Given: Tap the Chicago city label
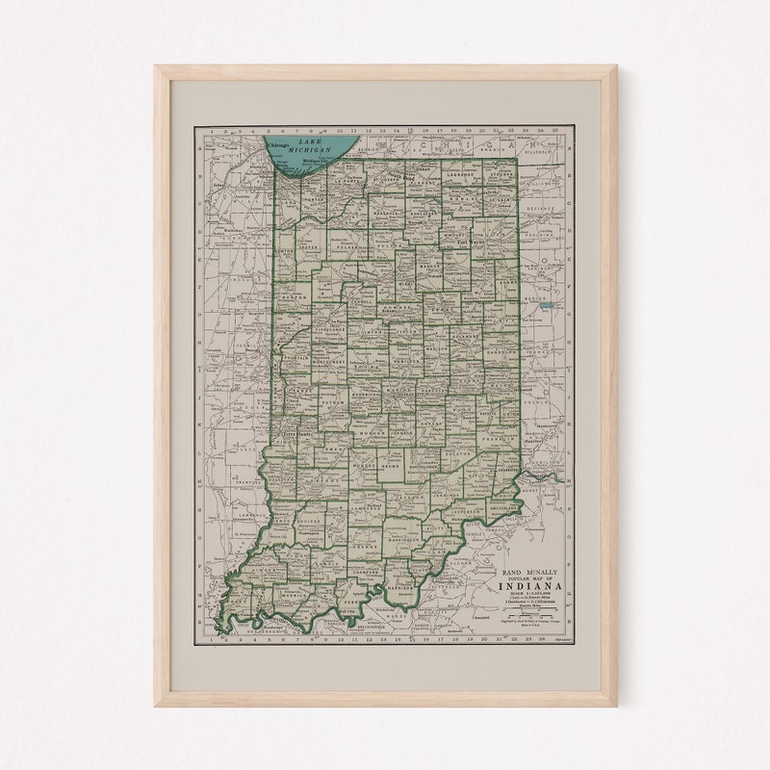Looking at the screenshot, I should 278,145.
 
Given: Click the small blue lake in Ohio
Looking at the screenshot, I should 547,305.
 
